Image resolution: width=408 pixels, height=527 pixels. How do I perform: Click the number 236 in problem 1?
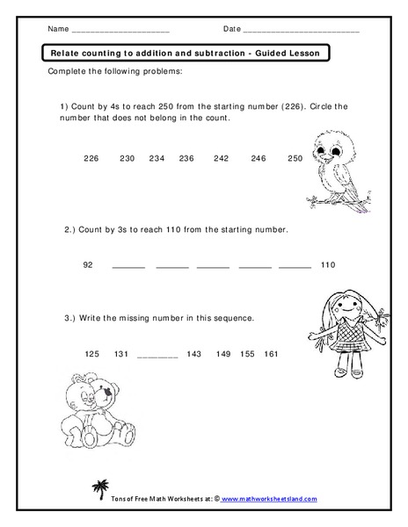pyautogui.click(x=186, y=158)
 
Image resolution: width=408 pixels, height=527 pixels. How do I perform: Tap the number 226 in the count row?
pyautogui.click(x=91, y=158)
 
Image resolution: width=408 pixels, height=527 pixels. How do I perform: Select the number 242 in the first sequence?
pyautogui.click(x=221, y=158)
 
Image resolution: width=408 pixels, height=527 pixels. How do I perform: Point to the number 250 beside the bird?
pyautogui.click(x=295, y=158)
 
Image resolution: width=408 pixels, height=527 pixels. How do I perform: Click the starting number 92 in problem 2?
pyautogui.click(x=87, y=264)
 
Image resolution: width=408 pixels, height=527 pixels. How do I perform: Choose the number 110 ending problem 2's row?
pyautogui.click(x=328, y=264)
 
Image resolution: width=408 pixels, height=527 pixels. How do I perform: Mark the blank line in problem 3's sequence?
pyautogui.click(x=158, y=357)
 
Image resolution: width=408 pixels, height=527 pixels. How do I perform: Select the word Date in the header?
pyautogui.click(x=232, y=29)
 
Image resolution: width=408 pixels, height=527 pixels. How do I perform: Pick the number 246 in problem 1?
pyautogui.click(x=258, y=158)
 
